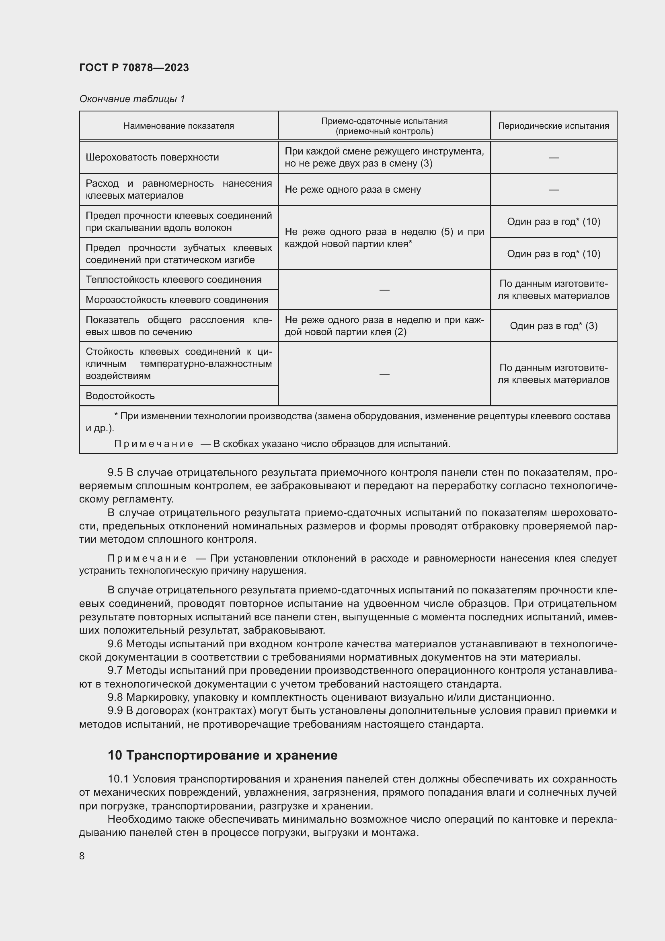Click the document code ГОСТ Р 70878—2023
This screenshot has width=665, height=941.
click(x=134, y=68)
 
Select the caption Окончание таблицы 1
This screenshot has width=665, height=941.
click(x=132, y=99)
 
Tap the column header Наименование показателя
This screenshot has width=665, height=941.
click(x=179, y=126)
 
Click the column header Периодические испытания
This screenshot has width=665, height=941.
click(x=553, y=126)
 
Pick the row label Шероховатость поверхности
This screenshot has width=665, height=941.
click(x=152, y=157)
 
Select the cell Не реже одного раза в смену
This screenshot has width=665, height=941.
click(x=353, y=189)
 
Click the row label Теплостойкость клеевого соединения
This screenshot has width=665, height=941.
click(x=174, y=280)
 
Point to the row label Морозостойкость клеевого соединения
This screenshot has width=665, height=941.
click(x=177, y=300)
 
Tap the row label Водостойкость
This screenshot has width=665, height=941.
click(x=120, y=395)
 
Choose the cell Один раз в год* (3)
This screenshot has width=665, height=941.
click(x=553, y=326)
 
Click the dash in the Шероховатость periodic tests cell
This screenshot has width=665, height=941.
click(x=553, y=157)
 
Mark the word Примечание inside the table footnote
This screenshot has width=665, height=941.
click(x=154, y=444)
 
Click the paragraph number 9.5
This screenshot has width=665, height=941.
click(x=115, y=473)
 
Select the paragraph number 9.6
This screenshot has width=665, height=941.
click(x=115, y=644)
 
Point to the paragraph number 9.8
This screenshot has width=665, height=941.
click(x=115, y=697)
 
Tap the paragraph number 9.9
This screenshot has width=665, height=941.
click(x=115, y=710)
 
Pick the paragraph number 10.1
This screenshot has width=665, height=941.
click(x=118, y=779)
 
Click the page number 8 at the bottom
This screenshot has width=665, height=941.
click(x=82, y=856)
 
